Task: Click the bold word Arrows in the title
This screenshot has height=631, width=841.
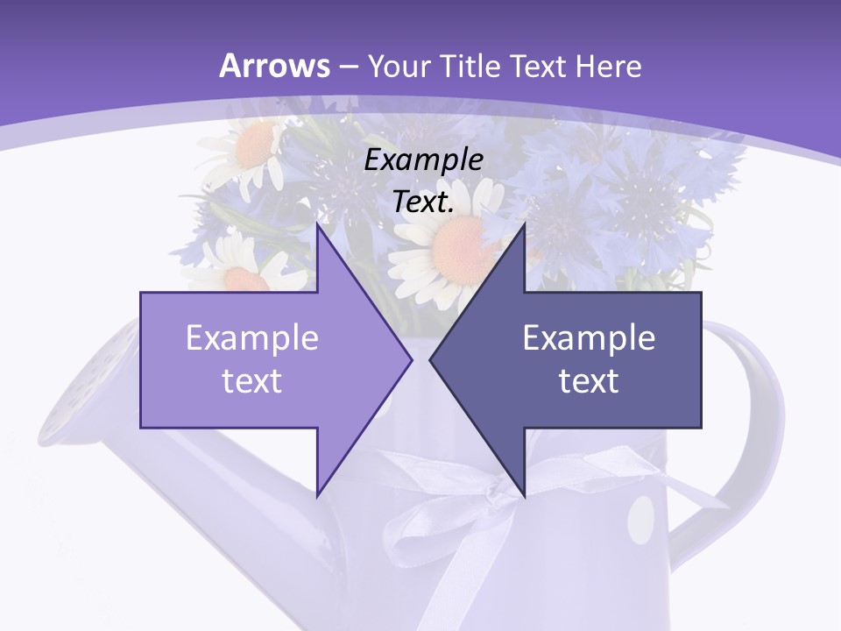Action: point(274,66)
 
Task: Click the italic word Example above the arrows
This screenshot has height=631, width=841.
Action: point(423,160)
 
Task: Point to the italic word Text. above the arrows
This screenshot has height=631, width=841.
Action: point(423,202)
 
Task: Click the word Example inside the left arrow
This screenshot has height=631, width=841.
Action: point(251,338)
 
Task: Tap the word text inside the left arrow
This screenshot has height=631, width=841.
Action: point(251,380)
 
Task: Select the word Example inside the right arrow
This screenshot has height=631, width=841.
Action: point(589,338)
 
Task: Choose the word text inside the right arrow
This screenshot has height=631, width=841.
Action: point(589,380)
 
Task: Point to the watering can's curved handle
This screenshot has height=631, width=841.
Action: point(762,386)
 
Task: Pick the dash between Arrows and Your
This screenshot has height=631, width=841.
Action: point(347,67)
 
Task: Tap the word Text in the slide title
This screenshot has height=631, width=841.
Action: point(536,66)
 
